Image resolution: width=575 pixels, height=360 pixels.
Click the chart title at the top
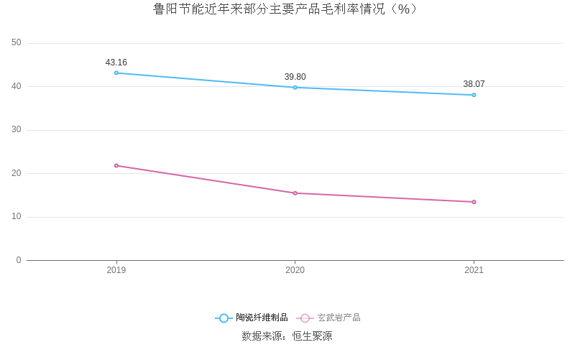[x=287, y=9]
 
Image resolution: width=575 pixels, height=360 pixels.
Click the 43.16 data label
[x=116, y=63]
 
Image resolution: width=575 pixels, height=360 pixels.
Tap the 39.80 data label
[x=295, y=77]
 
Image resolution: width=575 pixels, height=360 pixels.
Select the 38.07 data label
[x=474, y=84]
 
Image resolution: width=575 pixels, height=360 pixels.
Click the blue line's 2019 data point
[x=116, y=73]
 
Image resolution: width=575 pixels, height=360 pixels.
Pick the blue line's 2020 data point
[x=295, y=88]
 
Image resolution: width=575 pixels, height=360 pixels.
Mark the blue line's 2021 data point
[x=474, y=95]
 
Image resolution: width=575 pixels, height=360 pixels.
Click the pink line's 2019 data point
[x=116, y=165]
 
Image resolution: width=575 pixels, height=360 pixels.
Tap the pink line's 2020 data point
[x=295, y=193]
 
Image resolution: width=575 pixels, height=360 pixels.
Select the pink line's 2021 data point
[x=474, y=202]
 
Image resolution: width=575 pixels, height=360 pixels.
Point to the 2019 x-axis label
[x=116, y=270]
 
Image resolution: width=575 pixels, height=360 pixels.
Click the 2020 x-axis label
[x=295, y=270]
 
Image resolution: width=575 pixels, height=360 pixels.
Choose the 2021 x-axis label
[x=474, y=270]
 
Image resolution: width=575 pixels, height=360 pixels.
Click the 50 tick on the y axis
[x=17, y=43]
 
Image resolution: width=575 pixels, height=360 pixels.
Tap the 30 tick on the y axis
[x=17, y=130]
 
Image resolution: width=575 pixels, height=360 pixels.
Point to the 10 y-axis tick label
[x=17, y=217]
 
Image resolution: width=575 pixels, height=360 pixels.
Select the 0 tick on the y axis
[x=19, y=260]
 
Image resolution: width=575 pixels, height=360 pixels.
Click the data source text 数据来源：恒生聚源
[x=287, y=336]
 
